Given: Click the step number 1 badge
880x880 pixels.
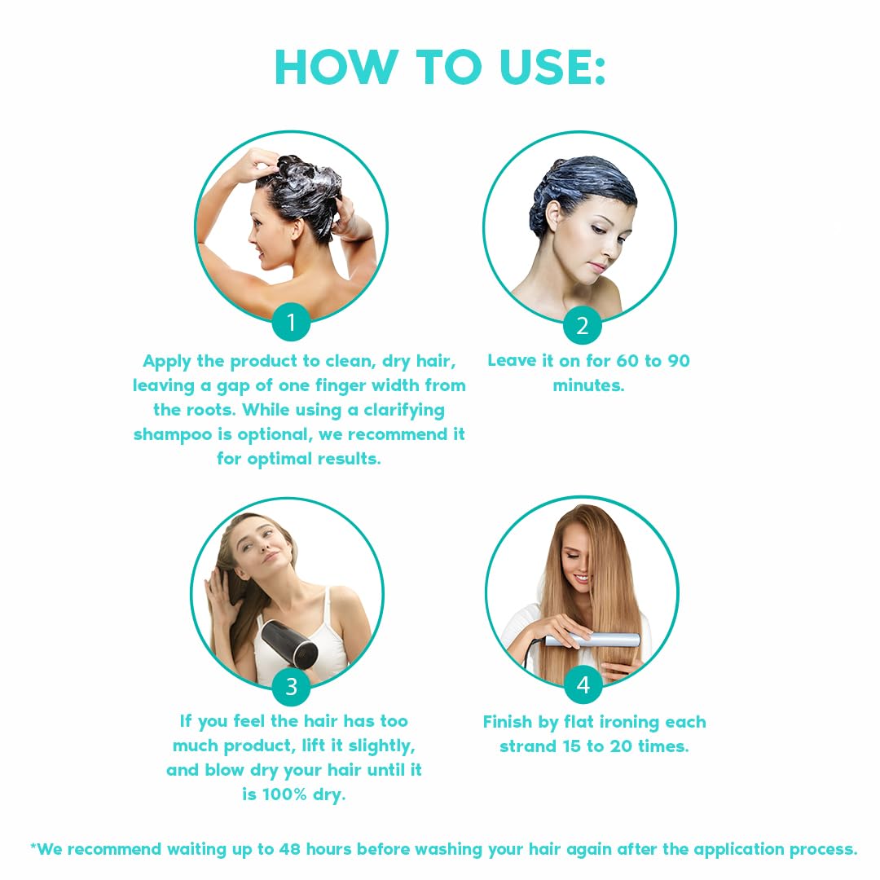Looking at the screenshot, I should pos(291,324).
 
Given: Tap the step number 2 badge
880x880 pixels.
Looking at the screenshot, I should pos(582,326).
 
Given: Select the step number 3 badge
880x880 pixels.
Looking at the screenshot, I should pos(291,687).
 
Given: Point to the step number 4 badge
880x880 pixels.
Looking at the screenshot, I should pos(583,686).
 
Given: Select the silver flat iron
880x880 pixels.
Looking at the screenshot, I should pos(591,640).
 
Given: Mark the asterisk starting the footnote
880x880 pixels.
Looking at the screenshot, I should pos(33,847).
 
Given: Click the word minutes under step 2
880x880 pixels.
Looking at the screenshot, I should pos(588,385).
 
